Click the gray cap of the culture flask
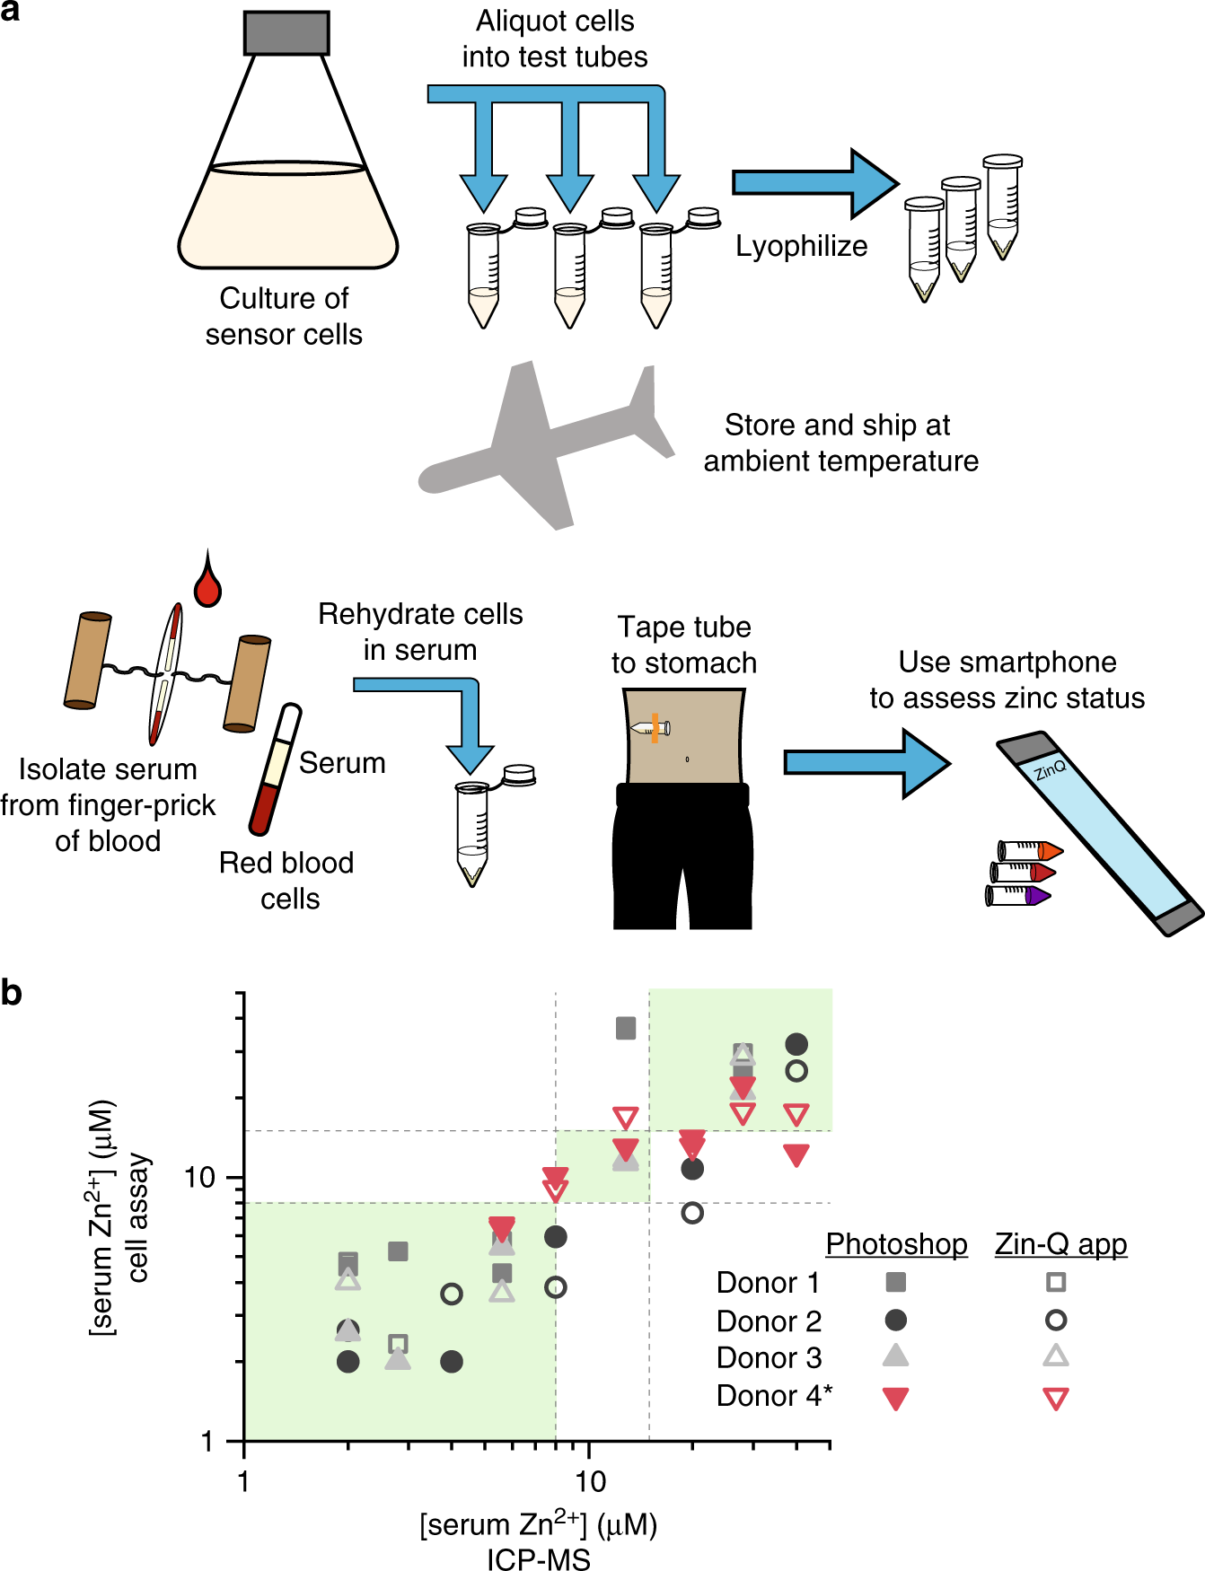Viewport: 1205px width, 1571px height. [286, 32]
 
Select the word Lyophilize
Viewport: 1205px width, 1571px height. [801, 246]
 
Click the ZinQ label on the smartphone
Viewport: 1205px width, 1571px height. [1050, 769]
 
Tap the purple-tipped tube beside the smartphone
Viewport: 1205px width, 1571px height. [1017, 896]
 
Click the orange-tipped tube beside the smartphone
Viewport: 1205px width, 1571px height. [1030, 850]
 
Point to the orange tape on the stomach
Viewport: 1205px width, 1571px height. [655, 728]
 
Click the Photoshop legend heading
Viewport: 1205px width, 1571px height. [896, 1244]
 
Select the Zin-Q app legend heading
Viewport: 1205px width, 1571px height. [1060, 1244]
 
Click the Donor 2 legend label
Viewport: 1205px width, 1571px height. [769, 1321]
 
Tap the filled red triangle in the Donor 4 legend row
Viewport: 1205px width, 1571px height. [895, 1399]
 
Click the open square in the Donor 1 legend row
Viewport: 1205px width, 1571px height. [1056, 1282]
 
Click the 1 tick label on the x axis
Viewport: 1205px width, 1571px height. [243, 1481]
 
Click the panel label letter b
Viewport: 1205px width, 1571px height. [12, 993]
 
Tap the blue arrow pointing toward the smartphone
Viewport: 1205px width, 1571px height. [867, 763]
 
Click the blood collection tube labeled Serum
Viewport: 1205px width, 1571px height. [275, 770]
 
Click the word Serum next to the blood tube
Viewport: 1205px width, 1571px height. [342, 763]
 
